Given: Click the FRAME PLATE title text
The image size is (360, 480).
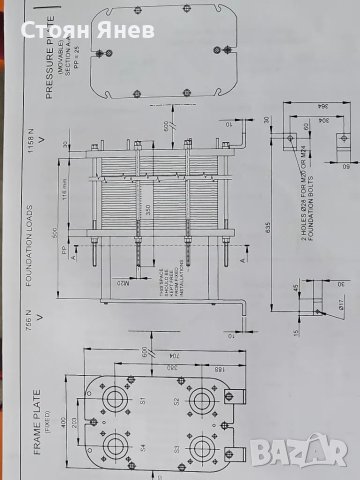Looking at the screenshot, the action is point(20,395).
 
